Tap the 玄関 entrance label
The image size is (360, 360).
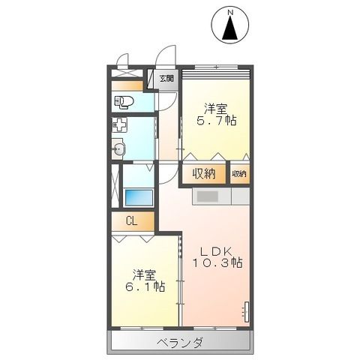tap(166, 78)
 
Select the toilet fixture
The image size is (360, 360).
tap(124, 101)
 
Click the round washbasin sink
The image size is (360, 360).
tap(118, 150)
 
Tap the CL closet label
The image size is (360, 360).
tap(131, 221)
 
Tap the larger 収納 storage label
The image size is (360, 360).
tap(203, 173)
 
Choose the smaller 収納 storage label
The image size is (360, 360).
tap(239, 173)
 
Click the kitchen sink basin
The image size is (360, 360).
tap(208, 196)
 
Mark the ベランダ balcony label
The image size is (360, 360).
tap(180, 343)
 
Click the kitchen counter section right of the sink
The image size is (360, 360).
tap(240, 196)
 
